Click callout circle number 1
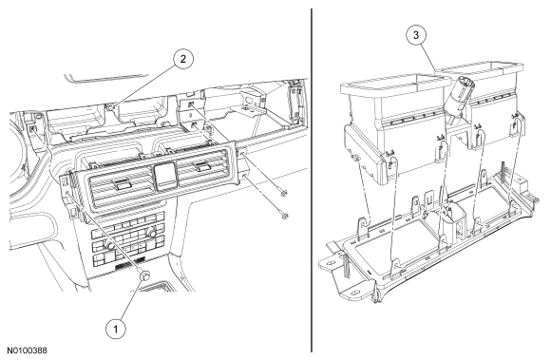click(x=116, y=329)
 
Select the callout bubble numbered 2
click(x=183, y=59)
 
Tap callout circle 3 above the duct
click(x=416, y=35)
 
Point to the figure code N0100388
click(x=28, y=351)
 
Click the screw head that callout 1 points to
click(x=144, y=275)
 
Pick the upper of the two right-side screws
click(x=283, y=193)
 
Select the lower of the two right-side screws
click(x=285, y=216)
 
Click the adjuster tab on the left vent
click(x=121, y=184)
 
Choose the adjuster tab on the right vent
click(x=203, y=167)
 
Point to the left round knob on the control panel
click(x=110, y=246)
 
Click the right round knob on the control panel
click(x=151, y=233)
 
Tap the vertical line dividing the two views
click(x=312, y=180)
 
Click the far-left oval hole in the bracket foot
click(x=331, y=261)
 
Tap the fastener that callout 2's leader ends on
click(x=111, y=106)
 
